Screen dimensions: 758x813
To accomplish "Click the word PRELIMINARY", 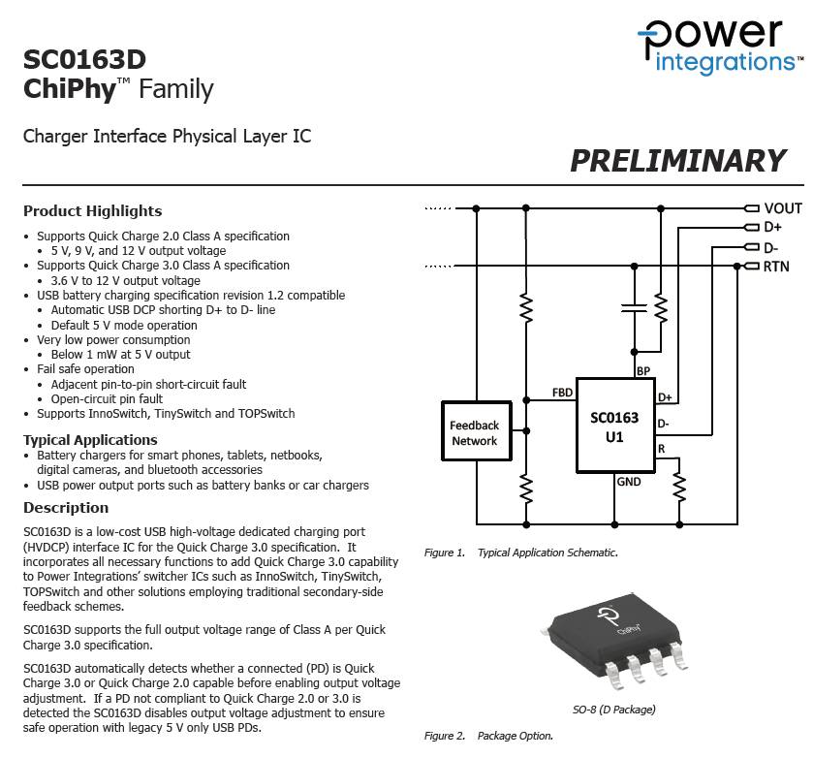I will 677,160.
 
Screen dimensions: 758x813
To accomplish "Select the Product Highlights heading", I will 92,210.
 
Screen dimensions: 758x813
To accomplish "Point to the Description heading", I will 66,507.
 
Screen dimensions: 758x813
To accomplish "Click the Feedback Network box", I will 474,432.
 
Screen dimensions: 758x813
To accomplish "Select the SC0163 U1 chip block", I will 614,426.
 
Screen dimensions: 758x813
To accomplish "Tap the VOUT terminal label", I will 782,207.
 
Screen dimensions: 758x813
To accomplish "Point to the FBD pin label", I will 562,393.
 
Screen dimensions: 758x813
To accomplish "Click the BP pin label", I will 642,370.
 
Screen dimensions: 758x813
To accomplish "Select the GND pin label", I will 629,481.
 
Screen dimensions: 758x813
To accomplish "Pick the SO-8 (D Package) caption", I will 612,709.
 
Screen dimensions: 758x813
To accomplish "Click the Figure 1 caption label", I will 446,553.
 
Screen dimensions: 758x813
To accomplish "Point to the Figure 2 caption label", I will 446,736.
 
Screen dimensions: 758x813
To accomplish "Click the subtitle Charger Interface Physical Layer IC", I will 167,136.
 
